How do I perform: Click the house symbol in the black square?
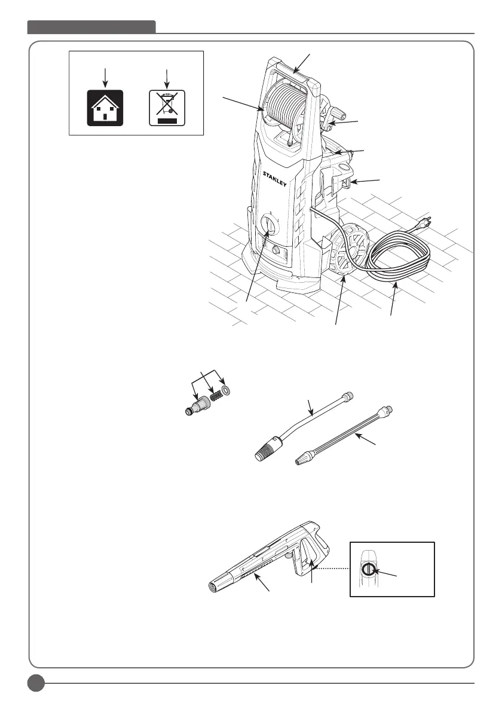[x=105, y=108]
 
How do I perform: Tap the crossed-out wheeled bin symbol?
[x=167, y=108]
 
